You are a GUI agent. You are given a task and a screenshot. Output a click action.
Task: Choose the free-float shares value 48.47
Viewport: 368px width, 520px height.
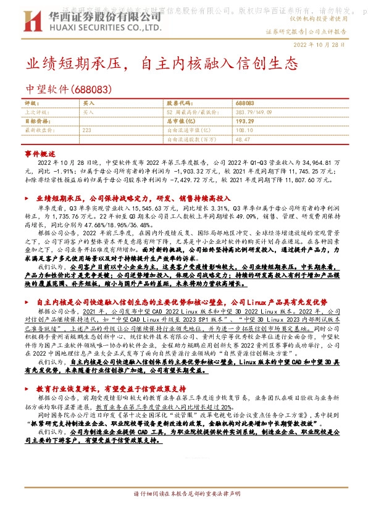(x=242, y=140)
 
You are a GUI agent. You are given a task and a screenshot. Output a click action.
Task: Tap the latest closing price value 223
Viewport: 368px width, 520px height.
(x=86, y=131)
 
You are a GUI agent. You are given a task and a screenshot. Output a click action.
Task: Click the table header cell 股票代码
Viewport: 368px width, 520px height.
(x=180, y=104)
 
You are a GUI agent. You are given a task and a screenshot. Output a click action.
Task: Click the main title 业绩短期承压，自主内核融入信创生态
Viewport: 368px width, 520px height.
(x=162, y=63)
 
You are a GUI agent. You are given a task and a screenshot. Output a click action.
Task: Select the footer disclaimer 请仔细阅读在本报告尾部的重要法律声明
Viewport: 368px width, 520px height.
(x=183, y=512)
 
